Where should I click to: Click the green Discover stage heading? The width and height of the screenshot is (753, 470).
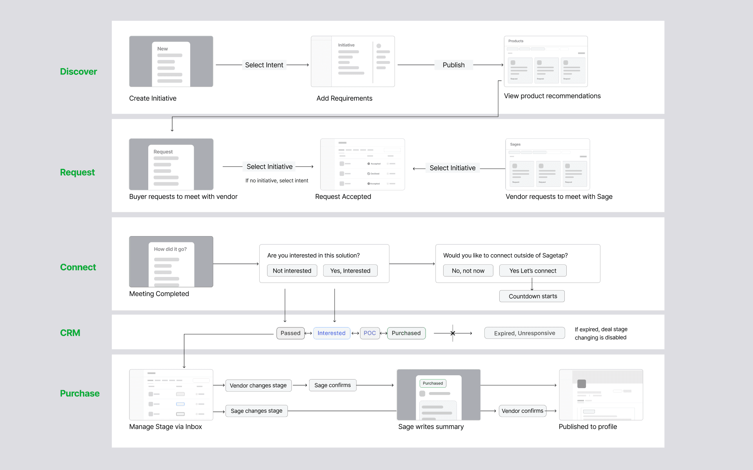point(78,72)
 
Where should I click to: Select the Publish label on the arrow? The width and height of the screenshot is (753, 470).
point(453,65)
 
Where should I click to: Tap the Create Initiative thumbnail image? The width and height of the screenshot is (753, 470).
point(171,61)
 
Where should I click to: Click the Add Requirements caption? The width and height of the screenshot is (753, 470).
point(344,98)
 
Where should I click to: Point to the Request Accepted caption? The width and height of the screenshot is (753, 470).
point(343,197)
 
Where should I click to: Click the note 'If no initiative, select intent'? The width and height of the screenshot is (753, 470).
point(276,181)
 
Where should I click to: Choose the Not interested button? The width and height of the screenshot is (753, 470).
point(292,271)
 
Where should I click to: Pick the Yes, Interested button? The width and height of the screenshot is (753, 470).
point(350,271)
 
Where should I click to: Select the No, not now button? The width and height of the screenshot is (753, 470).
point(468,271)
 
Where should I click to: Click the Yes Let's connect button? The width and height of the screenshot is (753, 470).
point(533,271)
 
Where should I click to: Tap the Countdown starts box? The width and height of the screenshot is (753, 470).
point(532,296)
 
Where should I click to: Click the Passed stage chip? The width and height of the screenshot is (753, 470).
point(290,333)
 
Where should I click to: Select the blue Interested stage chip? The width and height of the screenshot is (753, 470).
point(331,333)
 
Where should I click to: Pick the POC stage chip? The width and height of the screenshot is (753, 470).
point(369,333)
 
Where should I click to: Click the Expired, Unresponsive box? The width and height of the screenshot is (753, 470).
point(524,333)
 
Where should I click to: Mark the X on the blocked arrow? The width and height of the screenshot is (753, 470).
point(453,333)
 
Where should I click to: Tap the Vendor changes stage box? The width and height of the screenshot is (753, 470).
point(258,385)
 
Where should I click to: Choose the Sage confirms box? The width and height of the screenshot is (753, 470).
point(333,385)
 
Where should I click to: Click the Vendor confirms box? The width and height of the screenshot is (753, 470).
point(522,411)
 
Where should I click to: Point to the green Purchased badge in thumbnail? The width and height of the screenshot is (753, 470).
point(433,383)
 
